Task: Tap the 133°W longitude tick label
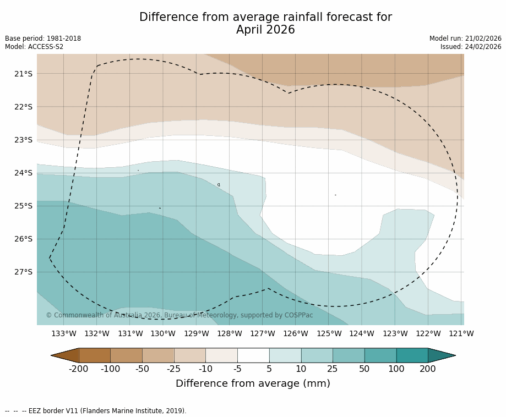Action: pos(64,333)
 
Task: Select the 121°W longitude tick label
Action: pos(461,333)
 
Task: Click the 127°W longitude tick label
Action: pos(263,333)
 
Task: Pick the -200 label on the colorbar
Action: pos(79,369)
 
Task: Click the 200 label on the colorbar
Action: pos(428,369)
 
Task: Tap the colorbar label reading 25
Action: pos(333,369)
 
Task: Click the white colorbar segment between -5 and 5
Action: pos(253,355)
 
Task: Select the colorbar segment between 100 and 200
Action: pos(412,355)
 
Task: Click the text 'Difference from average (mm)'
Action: pos(253,383)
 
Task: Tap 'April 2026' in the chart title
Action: pos(265,30)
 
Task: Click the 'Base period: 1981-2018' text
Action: pos(43,39)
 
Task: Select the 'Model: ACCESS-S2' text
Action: pos(34,47)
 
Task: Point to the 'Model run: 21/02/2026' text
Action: pos(465,39)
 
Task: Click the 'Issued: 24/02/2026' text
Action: pos(471,47)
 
